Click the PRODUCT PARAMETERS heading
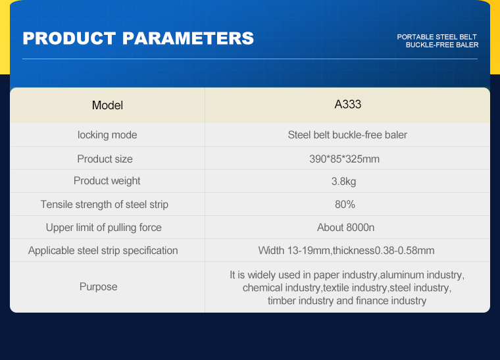[138, 38]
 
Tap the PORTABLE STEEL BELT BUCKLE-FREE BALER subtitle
[438, 41]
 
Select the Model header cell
[107, 105]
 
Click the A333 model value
[347, 104]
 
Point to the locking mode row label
[107, 135]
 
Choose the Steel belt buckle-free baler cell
[347, 135]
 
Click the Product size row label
[105, 159]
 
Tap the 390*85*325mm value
[344, 159]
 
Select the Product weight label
[107, 181]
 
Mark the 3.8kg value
[343, 182]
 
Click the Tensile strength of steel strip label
[104, 205]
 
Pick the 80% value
[345, 205]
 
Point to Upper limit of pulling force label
[104, 227]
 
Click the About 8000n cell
[345, 227]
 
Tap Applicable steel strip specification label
[103, 251]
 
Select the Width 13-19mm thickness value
[346, 251]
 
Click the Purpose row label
[98, 287]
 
